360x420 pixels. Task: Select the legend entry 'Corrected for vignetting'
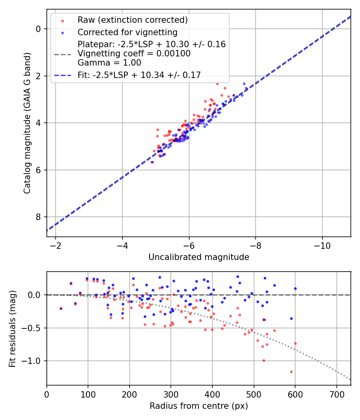click(x=127, y=32)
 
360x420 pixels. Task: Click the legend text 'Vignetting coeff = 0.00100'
click(x=134, y=53)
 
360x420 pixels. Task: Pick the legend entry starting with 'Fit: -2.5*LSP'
click(x=139, y=74)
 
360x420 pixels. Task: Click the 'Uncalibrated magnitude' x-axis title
click(x=199, y=257)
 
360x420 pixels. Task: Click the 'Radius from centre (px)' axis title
click(x=199, y=406)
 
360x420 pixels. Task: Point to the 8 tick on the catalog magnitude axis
click(x=38, y=217)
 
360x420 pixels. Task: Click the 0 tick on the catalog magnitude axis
click(x=38, y=29)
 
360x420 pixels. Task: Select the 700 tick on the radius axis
click(x=336, y=394)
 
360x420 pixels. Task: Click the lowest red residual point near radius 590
click(x=291, y=372)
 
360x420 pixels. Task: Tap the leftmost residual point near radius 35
click(x=61, y=308)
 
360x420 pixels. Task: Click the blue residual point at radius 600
click(x=295, y=288)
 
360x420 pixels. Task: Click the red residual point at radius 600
click(x=295, y=343)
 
